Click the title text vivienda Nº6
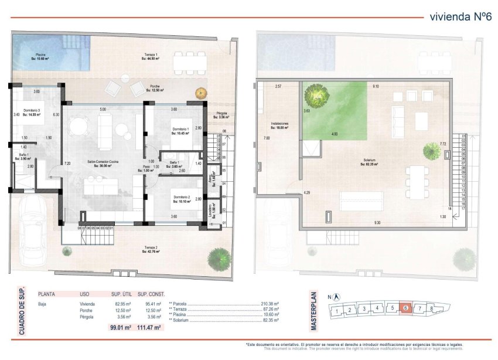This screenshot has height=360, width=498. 460,16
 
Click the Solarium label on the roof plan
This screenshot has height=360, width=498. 369,162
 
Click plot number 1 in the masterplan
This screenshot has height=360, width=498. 336,312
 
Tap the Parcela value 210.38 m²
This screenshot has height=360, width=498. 270,304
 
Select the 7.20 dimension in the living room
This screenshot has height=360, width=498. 67,164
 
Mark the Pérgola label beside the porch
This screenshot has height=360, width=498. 221,115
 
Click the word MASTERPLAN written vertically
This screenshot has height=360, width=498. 313,311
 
